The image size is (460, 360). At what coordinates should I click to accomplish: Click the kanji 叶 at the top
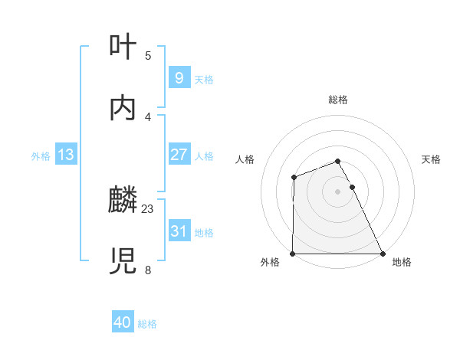[123, 47]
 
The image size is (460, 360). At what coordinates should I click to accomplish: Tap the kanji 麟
[123, 201]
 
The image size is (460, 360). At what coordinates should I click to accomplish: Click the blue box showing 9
[179, 77]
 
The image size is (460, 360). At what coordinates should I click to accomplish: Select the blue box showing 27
[179, 155]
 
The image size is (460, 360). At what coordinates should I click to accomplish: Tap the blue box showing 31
[179, 231]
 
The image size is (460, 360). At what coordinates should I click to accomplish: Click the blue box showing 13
[66, 155]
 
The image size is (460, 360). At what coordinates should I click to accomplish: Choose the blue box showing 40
[123, 323]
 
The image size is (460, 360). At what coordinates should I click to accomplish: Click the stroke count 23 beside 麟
[148, 208]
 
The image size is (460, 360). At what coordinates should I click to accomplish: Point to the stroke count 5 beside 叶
[148, 55]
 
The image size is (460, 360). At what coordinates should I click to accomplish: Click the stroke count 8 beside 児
[148, 270]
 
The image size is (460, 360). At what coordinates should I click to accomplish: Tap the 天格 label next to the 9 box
[204, 79]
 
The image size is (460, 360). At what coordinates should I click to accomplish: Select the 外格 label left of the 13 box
[40, 156]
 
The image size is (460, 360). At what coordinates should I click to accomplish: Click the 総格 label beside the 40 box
[147, 324]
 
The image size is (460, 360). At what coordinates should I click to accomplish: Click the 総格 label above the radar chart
[337, 100]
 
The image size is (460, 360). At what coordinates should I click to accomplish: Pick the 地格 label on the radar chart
[402, 262]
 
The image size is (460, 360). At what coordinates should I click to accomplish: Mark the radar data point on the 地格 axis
[382, 254]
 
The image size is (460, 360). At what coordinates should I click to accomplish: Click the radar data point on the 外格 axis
[293, 254]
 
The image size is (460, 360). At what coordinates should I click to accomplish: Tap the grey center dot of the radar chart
[337, 191]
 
